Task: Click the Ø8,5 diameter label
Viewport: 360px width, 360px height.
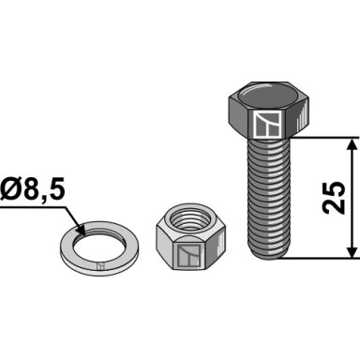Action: (x=33, y=190)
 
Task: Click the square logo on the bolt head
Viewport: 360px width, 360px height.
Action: (x=268, y=125)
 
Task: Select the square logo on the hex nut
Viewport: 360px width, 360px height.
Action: (x=188, y=256)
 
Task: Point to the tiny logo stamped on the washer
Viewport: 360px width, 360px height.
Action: (x=100, y=266)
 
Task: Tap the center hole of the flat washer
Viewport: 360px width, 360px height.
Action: (x=98, y=246)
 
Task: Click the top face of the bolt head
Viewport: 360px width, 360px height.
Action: (x=269, y=97)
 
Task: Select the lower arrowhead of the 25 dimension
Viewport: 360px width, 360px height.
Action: (x=352, y=251)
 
